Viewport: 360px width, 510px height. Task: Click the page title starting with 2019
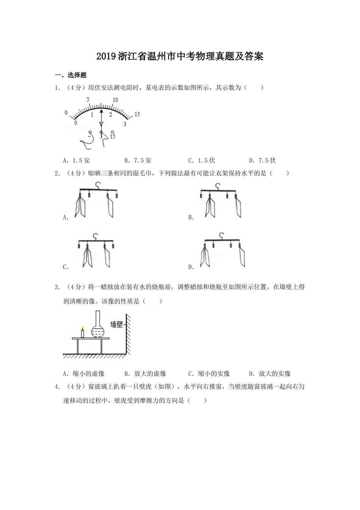[180, 57]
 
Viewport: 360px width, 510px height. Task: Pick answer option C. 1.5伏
[201, 160]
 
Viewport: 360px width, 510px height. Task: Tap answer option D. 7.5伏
[262, 160]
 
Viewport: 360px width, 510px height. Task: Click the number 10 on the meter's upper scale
[115, 100]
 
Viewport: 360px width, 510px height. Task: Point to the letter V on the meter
[101, 124]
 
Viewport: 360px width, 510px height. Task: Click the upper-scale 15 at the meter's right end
[137, 114]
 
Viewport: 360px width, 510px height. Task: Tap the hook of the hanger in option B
[218, 186]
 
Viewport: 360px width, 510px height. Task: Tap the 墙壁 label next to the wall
[116, 324]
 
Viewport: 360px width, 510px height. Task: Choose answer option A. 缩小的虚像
[84, 374]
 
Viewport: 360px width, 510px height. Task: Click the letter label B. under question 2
[191, 217]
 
